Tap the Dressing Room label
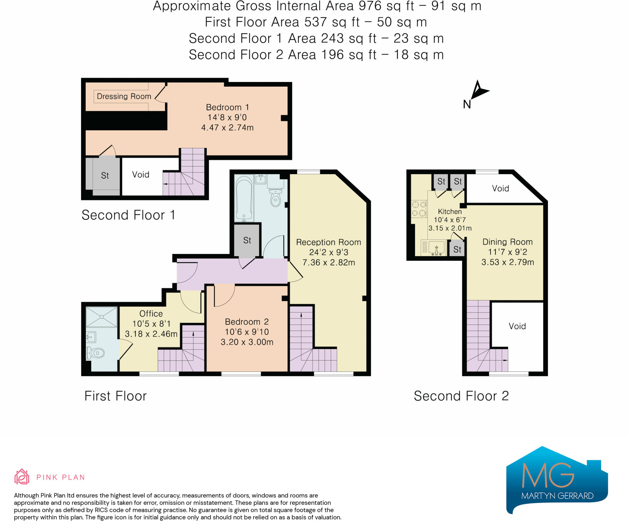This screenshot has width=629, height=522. (124, 96)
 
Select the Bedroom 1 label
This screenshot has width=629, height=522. (227, 107)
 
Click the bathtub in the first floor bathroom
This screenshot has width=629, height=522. (244, 198)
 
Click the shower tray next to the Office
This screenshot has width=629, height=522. (102, 317)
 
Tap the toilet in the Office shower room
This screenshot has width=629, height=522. (96, 353)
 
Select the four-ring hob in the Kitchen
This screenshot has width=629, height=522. (419, 208)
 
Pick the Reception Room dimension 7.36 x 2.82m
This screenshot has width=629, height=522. (329, 263)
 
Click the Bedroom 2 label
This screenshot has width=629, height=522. (247, 321)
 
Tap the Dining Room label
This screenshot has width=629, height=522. (507, 242)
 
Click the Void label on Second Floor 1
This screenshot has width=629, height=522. (141, 175)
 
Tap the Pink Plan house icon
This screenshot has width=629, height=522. (22, 477)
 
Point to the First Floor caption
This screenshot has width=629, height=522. (115, 396)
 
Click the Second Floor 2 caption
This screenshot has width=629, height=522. (461, 396)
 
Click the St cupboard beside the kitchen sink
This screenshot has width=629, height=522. (457, 249)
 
